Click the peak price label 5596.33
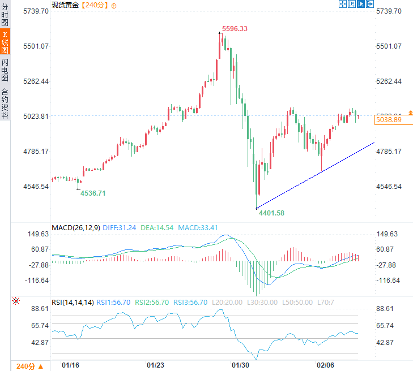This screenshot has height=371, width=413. tap(235, 28)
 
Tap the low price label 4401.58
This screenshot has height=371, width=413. tap(271, 213)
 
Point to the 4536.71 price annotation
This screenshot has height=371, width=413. tap(93, 193)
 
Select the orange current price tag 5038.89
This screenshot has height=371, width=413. tap(389, 120)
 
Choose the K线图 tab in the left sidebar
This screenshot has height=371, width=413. tap(5, 42)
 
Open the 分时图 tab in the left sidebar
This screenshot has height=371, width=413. tap(5, 15)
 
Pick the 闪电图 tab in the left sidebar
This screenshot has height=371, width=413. tap(5, 70)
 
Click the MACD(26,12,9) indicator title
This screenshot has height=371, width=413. tap(75, 228)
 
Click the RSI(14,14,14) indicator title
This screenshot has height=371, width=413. tap(73, 303)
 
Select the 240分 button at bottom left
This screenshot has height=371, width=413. tap(25, 365)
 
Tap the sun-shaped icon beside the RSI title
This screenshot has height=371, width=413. tap(15, 301)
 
